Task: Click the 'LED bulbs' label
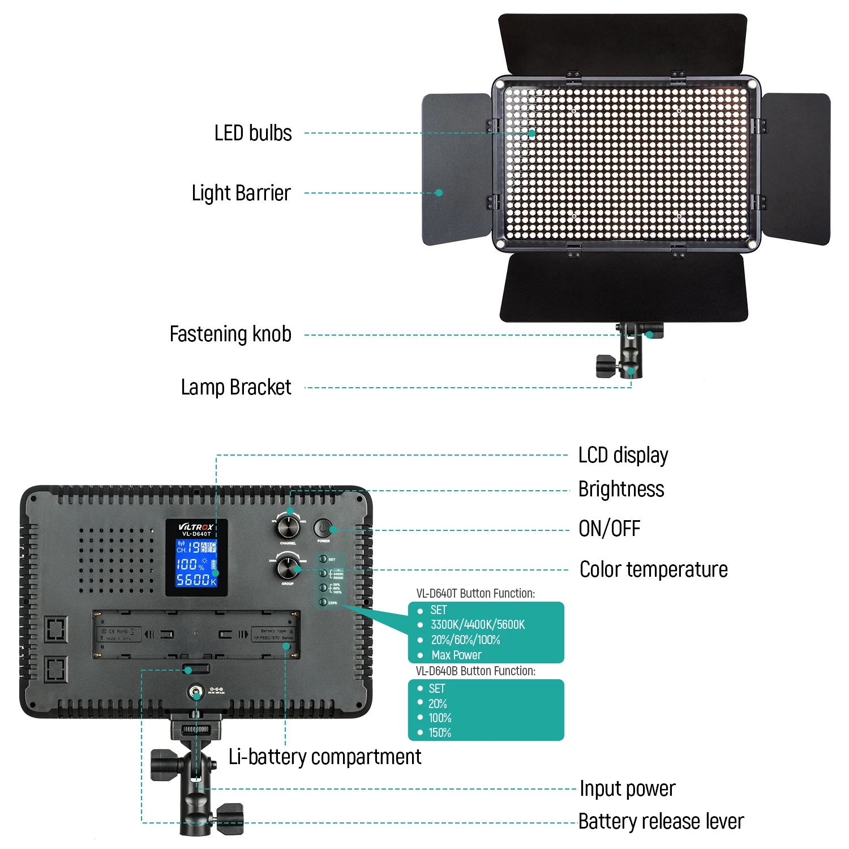[x=253, y=134]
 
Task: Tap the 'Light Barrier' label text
[x=241, y=194]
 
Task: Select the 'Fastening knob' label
[x=230, y=335]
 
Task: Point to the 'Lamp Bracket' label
[x=236, y=388]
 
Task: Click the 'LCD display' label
[x=623, y=455]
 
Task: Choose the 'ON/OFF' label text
[x=609, y=529]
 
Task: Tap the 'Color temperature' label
[x=654, y=569]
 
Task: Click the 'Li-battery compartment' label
[x=325, y=757]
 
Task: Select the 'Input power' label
[x=628, y=788]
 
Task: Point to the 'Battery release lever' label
[x=661, y=821]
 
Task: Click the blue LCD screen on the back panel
[x=196, y=563]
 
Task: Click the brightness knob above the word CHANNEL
[x=288, y=527]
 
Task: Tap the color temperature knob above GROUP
[x=288, y=567]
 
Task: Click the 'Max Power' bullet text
[x=456, y=655]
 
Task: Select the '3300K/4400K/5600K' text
[x=478, y=625]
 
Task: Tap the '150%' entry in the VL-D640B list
[x=440, y=733]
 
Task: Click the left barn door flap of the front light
[x=456, y=170]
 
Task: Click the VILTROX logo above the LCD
[x=196, y=527]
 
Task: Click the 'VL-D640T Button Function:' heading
[x=475, y=594]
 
